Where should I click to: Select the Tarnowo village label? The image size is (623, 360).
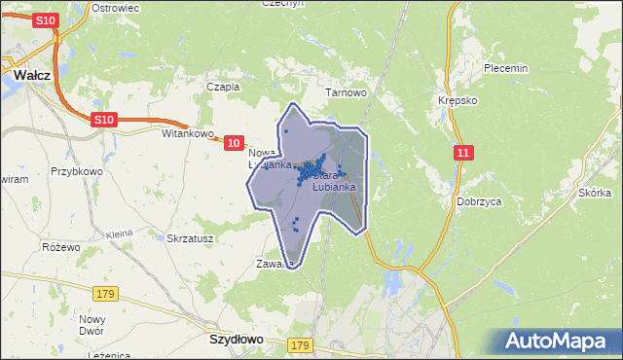(346, 93)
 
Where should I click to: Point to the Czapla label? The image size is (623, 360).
(223, 86)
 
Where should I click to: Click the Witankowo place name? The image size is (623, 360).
(186, 133)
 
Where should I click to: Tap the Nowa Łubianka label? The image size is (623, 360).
(268, 159)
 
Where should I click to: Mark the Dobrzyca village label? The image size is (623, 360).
(478, 201)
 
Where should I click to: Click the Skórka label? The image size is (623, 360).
(594, 193)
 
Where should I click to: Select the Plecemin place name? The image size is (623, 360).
(505, 68)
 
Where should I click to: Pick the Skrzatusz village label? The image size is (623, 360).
(190, 237)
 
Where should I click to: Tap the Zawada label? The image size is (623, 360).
(274, 264)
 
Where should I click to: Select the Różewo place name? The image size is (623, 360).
(60, 246)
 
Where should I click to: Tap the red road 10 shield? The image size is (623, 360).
(234, 143)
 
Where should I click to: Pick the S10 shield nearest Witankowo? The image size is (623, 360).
(104, 119)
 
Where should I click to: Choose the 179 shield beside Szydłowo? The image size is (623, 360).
(300, 345)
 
